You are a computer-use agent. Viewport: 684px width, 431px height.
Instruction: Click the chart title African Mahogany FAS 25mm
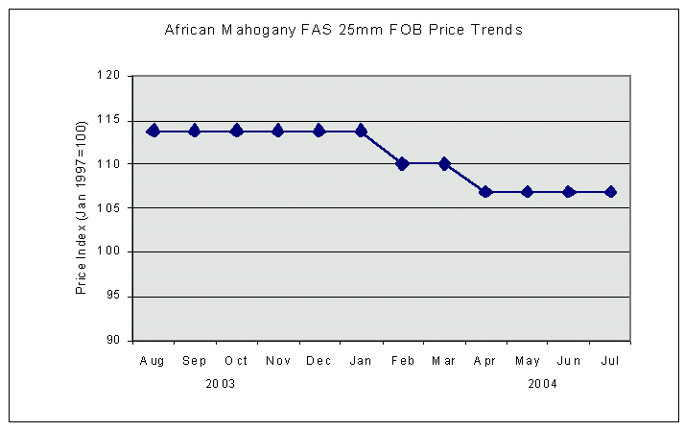(343, 30)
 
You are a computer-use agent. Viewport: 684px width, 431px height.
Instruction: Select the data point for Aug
(153, 131)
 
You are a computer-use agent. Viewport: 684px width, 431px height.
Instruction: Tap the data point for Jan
(361, 131)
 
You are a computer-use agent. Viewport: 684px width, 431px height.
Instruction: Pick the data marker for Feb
(402, 163)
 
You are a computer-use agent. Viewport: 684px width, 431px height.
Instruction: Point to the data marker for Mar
(444, 163)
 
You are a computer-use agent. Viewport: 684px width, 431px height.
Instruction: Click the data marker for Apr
(485, 192)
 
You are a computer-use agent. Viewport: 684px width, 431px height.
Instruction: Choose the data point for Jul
(610, 192)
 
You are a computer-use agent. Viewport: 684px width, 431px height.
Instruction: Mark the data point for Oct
(236, 131)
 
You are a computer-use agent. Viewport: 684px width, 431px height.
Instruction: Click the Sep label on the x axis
(195, 361)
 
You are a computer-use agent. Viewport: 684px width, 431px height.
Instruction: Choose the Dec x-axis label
(319, 361)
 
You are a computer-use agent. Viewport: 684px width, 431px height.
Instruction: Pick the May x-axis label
(528, 361)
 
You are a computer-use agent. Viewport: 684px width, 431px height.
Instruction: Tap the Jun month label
(569, 361)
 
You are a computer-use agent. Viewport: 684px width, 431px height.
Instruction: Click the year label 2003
(221, 384)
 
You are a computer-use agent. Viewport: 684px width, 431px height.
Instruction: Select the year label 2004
(542, 384)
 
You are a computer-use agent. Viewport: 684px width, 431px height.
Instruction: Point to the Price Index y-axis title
(83, 207)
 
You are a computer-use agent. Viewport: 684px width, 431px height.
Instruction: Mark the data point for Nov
(278, 131)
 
